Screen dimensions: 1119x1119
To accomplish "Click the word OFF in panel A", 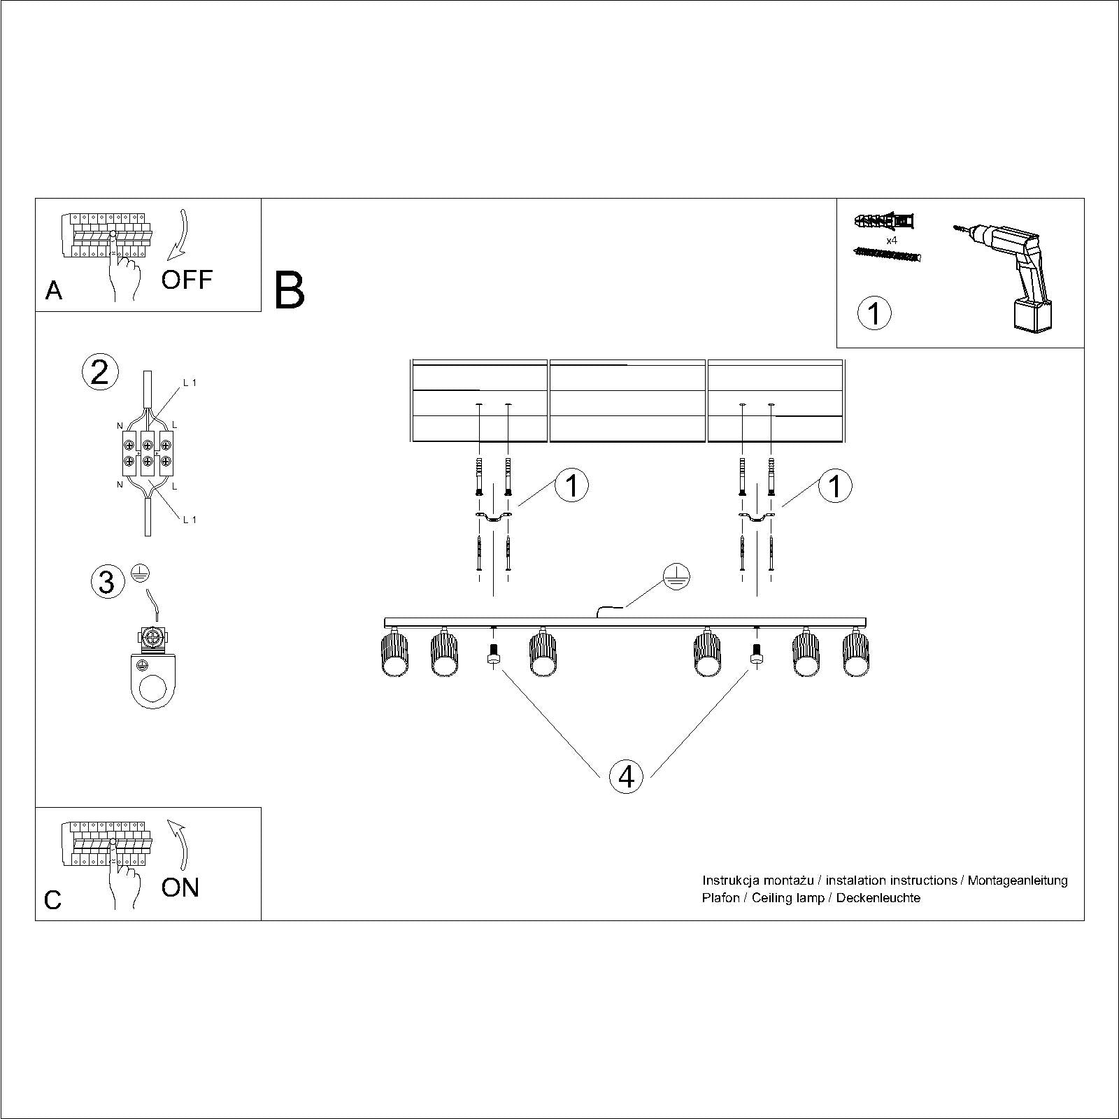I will (187, 280).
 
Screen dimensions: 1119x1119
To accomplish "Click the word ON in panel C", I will (180, 888).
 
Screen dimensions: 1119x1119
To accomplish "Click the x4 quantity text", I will (891, 241).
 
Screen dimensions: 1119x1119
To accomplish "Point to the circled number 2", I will (100, 372).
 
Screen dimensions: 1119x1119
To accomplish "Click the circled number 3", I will (107, 582).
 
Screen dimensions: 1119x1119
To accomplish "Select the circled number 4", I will (626, 776).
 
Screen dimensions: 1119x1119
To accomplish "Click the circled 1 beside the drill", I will (874, 313).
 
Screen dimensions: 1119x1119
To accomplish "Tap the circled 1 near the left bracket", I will (571, 485).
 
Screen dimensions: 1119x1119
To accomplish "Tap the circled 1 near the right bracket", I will (835, 485).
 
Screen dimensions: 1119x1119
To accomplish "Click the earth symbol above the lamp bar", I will (677, 577).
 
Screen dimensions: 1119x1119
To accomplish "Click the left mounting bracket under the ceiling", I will (493, 517).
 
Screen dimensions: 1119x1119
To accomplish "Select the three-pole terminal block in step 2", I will (147, 452).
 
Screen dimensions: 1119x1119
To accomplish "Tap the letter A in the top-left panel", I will (54, 290).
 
